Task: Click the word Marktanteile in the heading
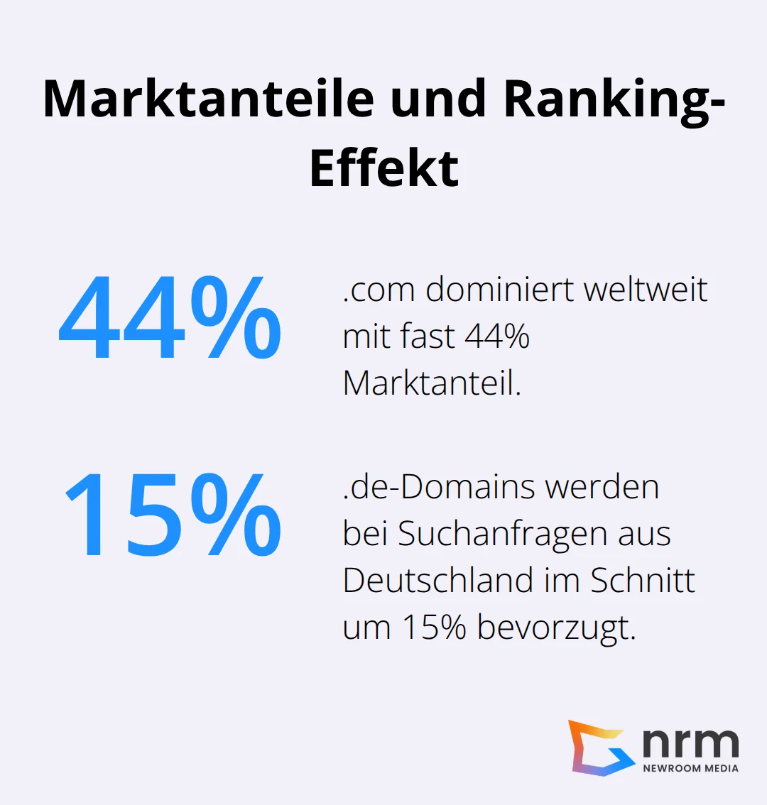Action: click(208, 99)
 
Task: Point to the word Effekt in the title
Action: click(384, 168)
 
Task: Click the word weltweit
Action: click(646, 290)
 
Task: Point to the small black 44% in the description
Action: click(497, 336)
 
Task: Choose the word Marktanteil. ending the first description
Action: click(432, 383)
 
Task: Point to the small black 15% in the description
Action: click(434, 628)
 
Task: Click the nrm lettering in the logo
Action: click(690, 742)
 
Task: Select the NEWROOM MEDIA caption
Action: click(690, 768)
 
